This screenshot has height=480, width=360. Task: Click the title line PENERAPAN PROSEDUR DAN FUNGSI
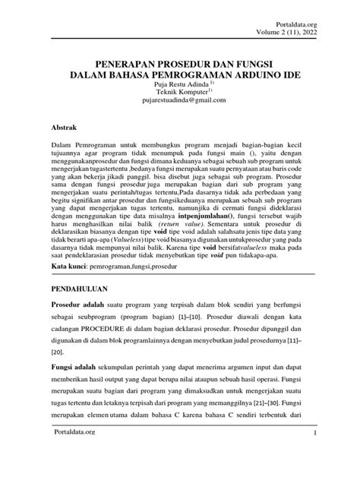(x=179, y=62)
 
